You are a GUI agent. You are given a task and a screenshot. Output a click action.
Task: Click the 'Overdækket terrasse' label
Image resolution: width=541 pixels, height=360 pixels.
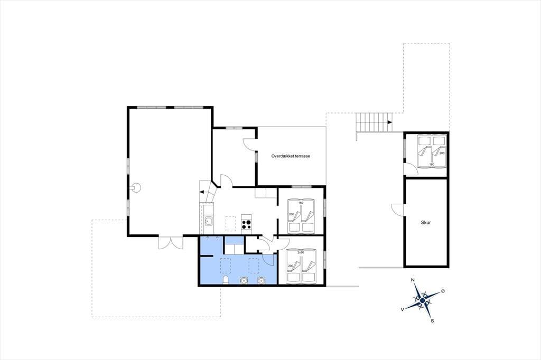click(291, 156)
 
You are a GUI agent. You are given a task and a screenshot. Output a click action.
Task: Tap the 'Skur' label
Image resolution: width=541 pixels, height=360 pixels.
click(426, 223)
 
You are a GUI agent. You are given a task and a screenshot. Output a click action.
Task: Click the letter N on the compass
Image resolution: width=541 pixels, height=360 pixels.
click(413, 280)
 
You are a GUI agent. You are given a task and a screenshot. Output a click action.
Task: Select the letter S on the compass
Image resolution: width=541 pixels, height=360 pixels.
click(432, 321)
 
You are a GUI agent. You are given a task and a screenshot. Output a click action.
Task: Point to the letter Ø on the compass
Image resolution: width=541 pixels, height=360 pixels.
click(443, 291)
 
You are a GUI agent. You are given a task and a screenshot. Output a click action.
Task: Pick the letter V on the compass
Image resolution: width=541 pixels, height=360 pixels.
click(402, 310)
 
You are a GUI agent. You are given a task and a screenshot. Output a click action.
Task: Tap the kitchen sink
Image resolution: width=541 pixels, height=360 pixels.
click(208, 221)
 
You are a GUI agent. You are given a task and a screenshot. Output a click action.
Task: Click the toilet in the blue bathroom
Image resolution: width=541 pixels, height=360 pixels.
click(226, 280)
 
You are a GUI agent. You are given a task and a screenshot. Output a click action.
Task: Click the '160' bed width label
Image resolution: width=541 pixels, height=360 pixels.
click(301, 203)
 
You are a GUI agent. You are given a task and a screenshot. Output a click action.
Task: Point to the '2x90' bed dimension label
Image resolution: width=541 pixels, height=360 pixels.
click(301, 252)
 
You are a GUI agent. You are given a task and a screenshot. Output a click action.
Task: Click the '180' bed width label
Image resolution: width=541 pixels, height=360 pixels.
click(432, 165)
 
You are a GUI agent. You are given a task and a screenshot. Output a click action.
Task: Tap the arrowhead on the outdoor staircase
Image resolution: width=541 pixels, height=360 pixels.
click(390, 122)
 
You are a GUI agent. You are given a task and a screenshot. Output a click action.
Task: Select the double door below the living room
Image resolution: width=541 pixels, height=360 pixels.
click(171, 242)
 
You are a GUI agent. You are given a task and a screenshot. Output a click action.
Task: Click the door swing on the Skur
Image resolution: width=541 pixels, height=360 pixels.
click(397, 209)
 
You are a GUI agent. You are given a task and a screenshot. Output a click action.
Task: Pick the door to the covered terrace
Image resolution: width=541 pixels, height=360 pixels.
click(250, 144)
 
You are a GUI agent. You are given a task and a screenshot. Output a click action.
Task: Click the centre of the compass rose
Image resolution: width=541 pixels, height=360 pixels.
click(422, 301)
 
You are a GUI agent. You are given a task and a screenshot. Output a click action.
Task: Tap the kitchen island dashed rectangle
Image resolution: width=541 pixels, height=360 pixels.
click(231, 224)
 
